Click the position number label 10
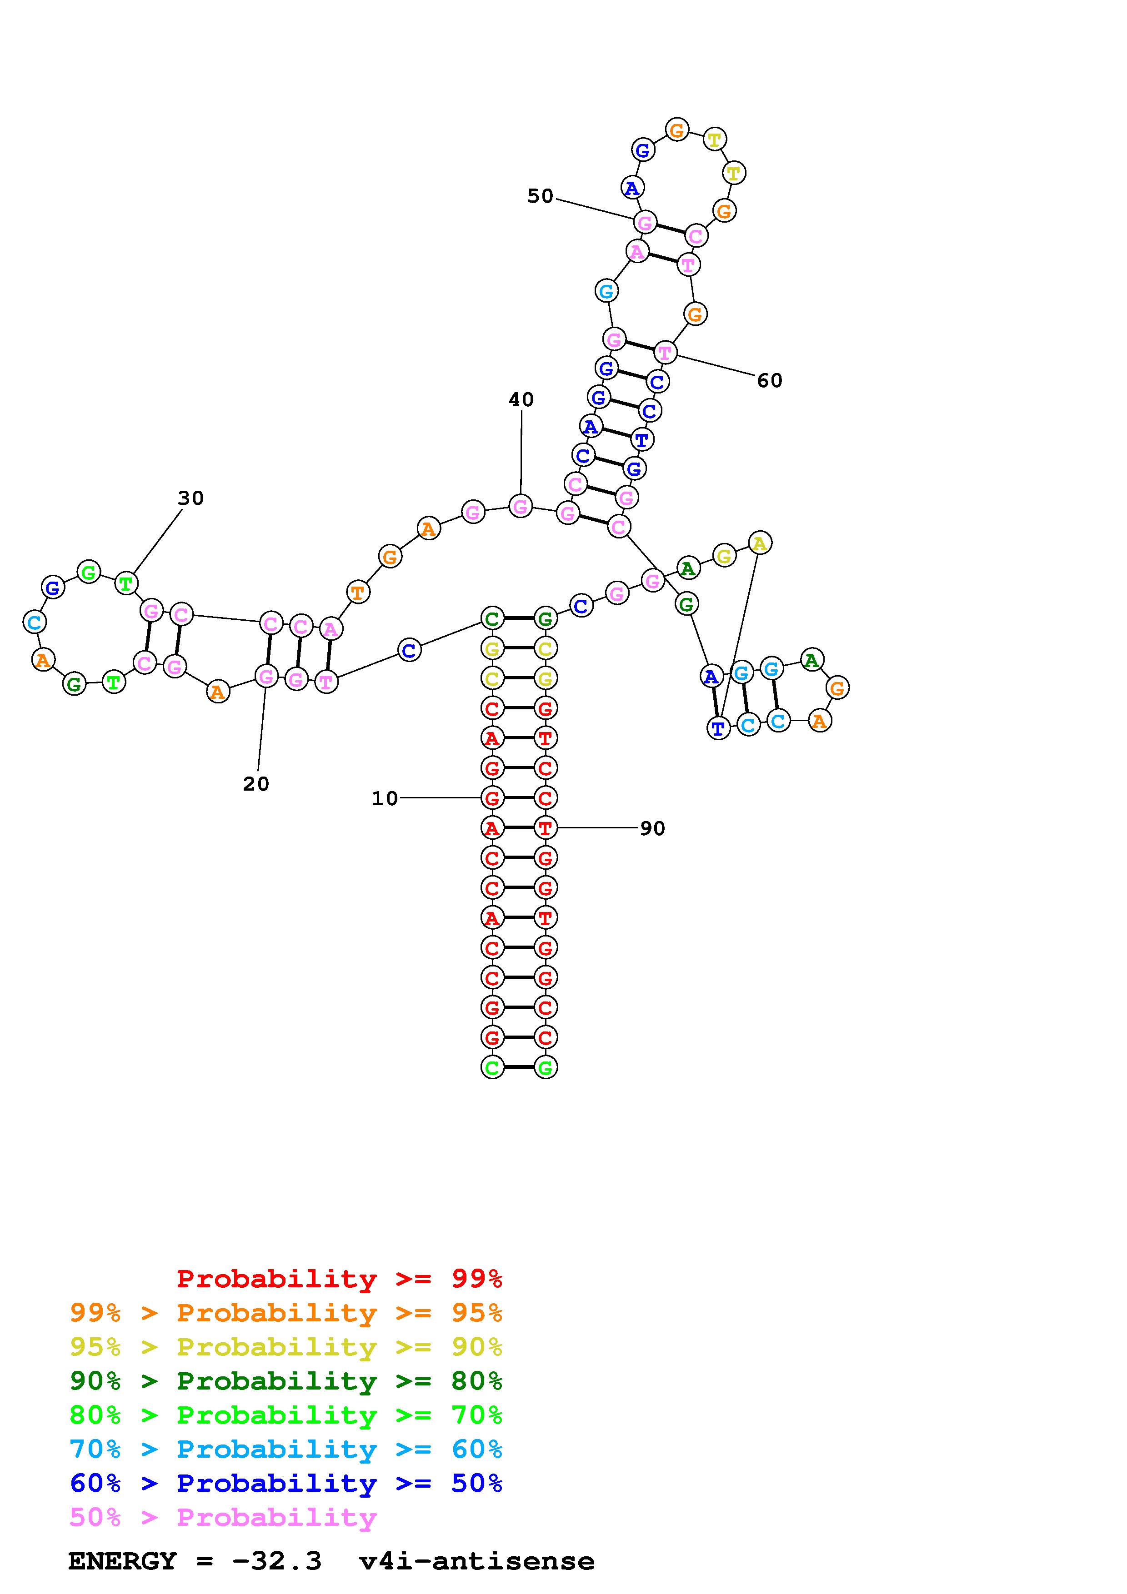click(x=385, y=798)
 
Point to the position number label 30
click(x=191, y=498)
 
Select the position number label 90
click(x=652, y=828)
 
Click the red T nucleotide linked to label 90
click(x=545, y=827)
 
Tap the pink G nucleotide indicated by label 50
click(x=645, y=223)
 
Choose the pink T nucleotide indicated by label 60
click(x=665, y=353)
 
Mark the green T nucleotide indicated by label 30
click(x=125, y=583)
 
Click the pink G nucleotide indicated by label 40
click(x=521, y=506)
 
